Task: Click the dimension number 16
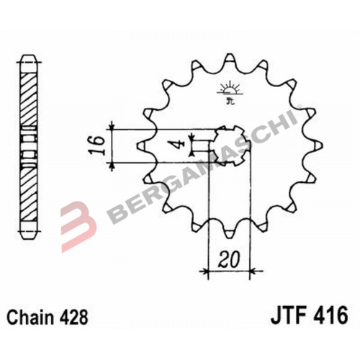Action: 97,145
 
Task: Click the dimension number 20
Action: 229,259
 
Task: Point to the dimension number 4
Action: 179,145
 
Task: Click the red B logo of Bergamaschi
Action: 78,226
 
